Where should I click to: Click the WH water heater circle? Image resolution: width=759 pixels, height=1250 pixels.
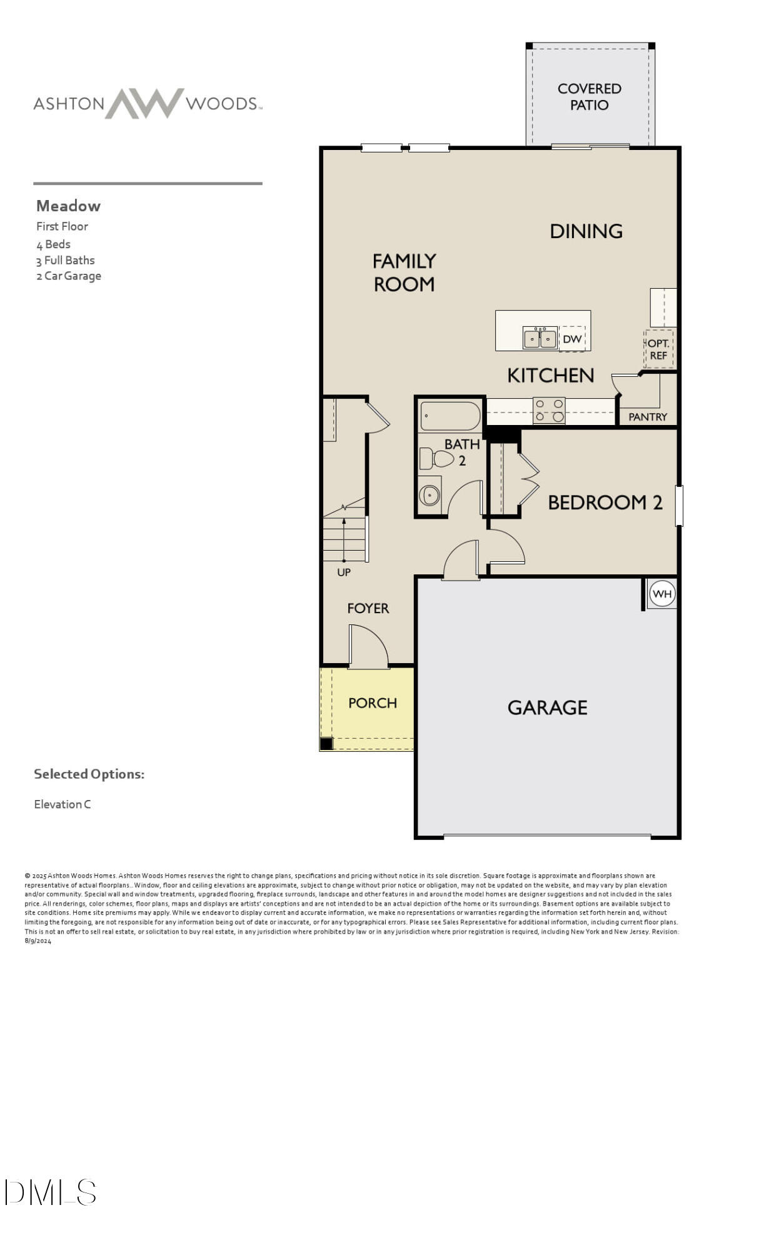tap(662, 594)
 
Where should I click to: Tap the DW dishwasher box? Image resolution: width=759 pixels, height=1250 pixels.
tap(572, 339)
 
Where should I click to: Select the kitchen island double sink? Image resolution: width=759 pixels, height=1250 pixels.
tap(540, 338)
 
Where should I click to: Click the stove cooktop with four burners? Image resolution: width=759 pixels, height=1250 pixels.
tap(549, 411)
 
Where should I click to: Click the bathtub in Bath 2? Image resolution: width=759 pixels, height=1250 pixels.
tap(450, 416)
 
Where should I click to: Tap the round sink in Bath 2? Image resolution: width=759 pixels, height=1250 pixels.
tap(430, 496)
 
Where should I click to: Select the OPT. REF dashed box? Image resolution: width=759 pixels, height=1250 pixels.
tap(658, 349)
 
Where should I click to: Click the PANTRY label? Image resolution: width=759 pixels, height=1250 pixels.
tap(648, 417)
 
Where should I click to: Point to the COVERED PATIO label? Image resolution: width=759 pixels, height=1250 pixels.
tap(590, 97)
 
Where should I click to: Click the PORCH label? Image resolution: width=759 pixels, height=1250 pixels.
tap(373, 703)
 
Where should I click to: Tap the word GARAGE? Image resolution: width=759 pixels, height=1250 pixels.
tap(548, 707)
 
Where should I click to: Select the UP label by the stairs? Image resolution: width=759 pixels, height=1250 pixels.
tap(344, 572)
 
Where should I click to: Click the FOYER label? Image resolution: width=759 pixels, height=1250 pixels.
tap(368, 608)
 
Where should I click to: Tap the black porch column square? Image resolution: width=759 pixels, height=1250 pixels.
tap(326, 744)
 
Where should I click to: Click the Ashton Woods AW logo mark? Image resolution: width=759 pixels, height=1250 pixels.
tap(144, 103)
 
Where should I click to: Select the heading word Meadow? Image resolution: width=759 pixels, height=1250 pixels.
tap(68, 206)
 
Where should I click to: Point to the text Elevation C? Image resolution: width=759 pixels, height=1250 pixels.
tap(63, 804)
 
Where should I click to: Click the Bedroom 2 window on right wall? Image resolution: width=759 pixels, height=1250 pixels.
tap(679, 506)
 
